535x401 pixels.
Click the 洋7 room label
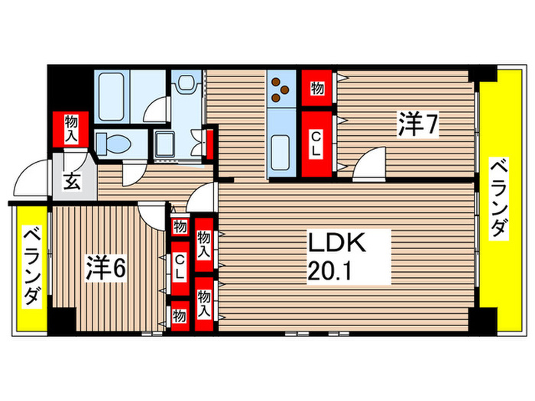[417, 124]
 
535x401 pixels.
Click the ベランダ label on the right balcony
[498, 199]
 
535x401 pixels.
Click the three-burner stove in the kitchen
[281, 90]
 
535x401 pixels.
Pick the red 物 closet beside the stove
[316, 89]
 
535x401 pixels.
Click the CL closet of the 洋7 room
[316, 144]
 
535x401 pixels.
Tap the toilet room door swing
[157, 108]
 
